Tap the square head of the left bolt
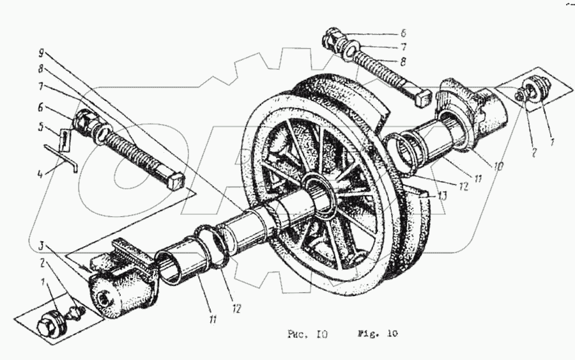[176, 181]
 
